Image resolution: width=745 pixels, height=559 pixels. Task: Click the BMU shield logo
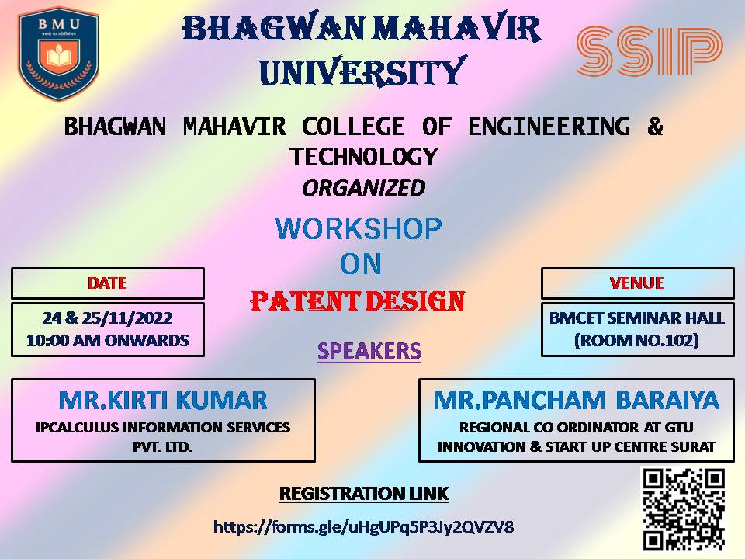point(58,54)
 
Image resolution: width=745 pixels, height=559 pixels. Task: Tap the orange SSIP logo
point(649,51)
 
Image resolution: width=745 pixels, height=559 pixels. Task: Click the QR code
point(684,509)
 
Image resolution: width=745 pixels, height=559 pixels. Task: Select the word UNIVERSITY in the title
point(363,71)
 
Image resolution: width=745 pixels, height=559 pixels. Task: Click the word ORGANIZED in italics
point(363,188)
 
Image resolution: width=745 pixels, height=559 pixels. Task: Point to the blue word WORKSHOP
point(359,228)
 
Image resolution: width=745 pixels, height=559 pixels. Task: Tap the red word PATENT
point(304,301)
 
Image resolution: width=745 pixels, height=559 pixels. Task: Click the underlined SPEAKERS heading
point(369,351)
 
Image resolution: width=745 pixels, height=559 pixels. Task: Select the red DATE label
point(107,283)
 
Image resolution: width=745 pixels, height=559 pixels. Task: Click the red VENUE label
point(636,283)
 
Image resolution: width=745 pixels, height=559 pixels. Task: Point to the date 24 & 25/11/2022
point(107,318)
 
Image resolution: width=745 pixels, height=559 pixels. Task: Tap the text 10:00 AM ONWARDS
point(107,340)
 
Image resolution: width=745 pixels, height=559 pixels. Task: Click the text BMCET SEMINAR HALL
point(636,318)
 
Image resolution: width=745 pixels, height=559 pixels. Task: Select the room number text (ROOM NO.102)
point(636,340)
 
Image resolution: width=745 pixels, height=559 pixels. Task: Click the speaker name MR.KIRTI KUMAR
point(163,401)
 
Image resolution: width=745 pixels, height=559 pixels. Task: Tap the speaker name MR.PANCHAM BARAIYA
point(577,401)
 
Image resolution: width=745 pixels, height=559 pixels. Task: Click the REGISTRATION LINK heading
point(363,494)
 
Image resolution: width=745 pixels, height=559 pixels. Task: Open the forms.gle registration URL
point(363,526)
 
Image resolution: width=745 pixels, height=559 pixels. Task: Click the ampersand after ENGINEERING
point(655,127)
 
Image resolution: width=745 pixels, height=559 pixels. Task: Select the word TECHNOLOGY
point(364,157)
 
